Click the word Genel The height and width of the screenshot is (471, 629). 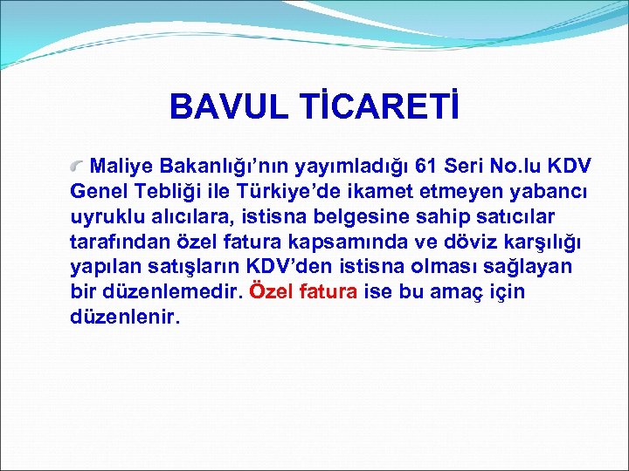pos(98,191)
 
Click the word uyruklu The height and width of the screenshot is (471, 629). pos(106,216)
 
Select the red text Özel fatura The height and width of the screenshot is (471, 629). pos(302,291)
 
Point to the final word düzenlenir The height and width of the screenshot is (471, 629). pos(125,317)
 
